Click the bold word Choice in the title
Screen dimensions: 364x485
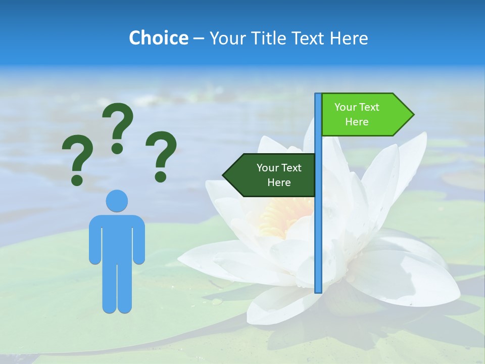click(158, 38)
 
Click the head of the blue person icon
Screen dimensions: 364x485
click(117, 201)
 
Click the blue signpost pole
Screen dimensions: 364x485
click(318, 227)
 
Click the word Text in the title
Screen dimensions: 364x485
click(309, 38)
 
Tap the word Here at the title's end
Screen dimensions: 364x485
click(349, 38)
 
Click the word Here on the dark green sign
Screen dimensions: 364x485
click(279, 183)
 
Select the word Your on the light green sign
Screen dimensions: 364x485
click(346, 107)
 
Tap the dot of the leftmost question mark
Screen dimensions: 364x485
click(77, 179)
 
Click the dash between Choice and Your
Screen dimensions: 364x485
click(199, 38)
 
